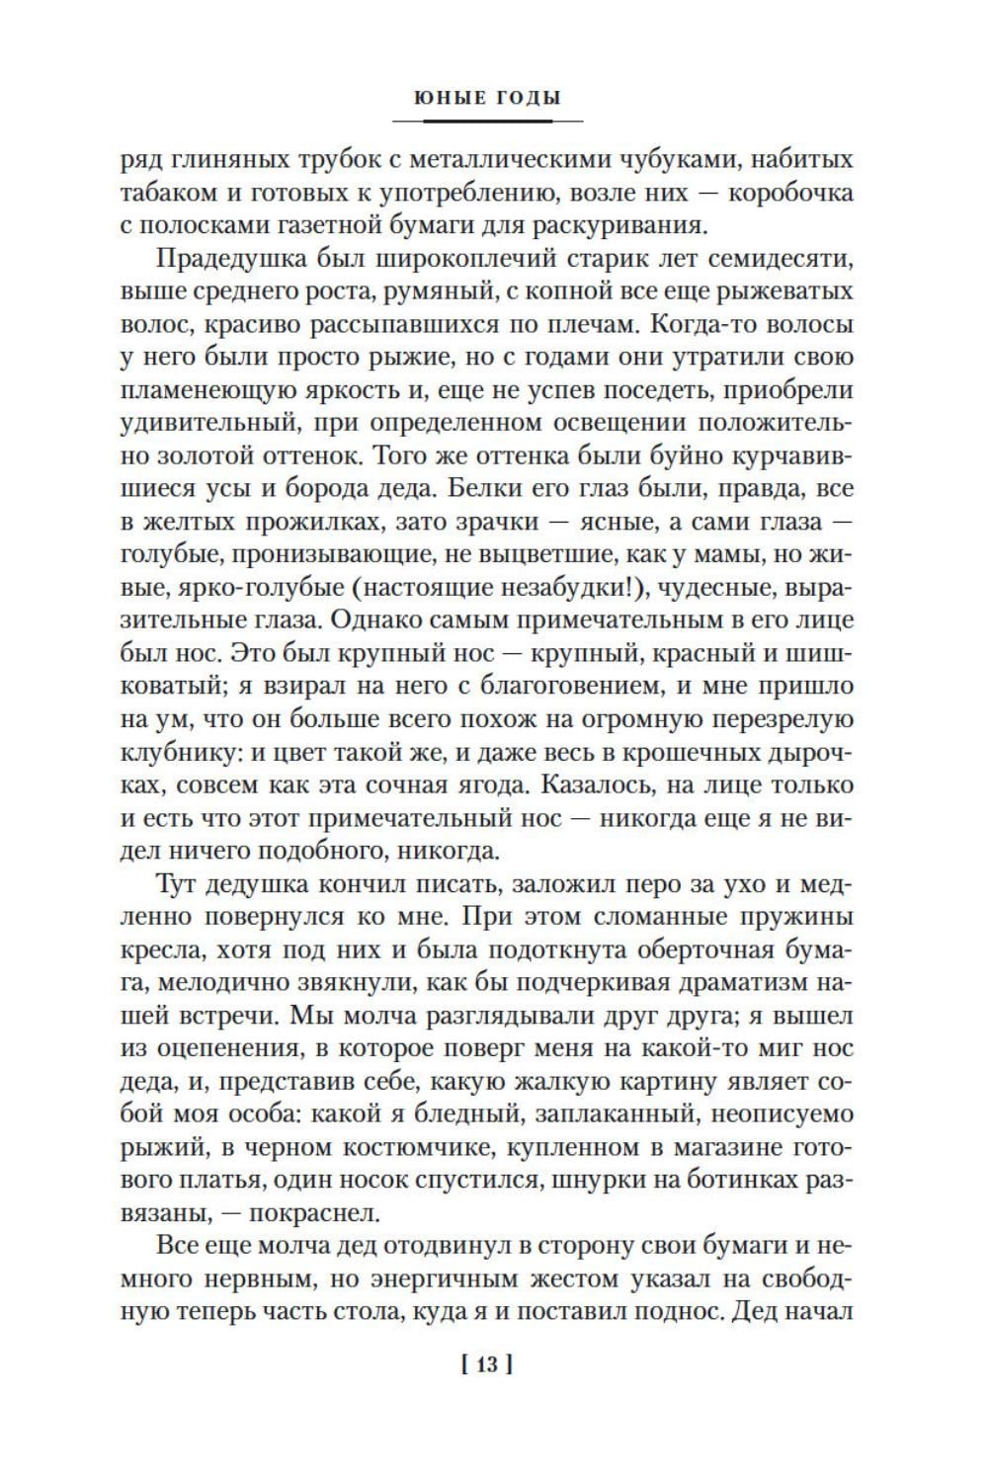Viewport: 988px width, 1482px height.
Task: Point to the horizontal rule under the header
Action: (487, 121)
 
